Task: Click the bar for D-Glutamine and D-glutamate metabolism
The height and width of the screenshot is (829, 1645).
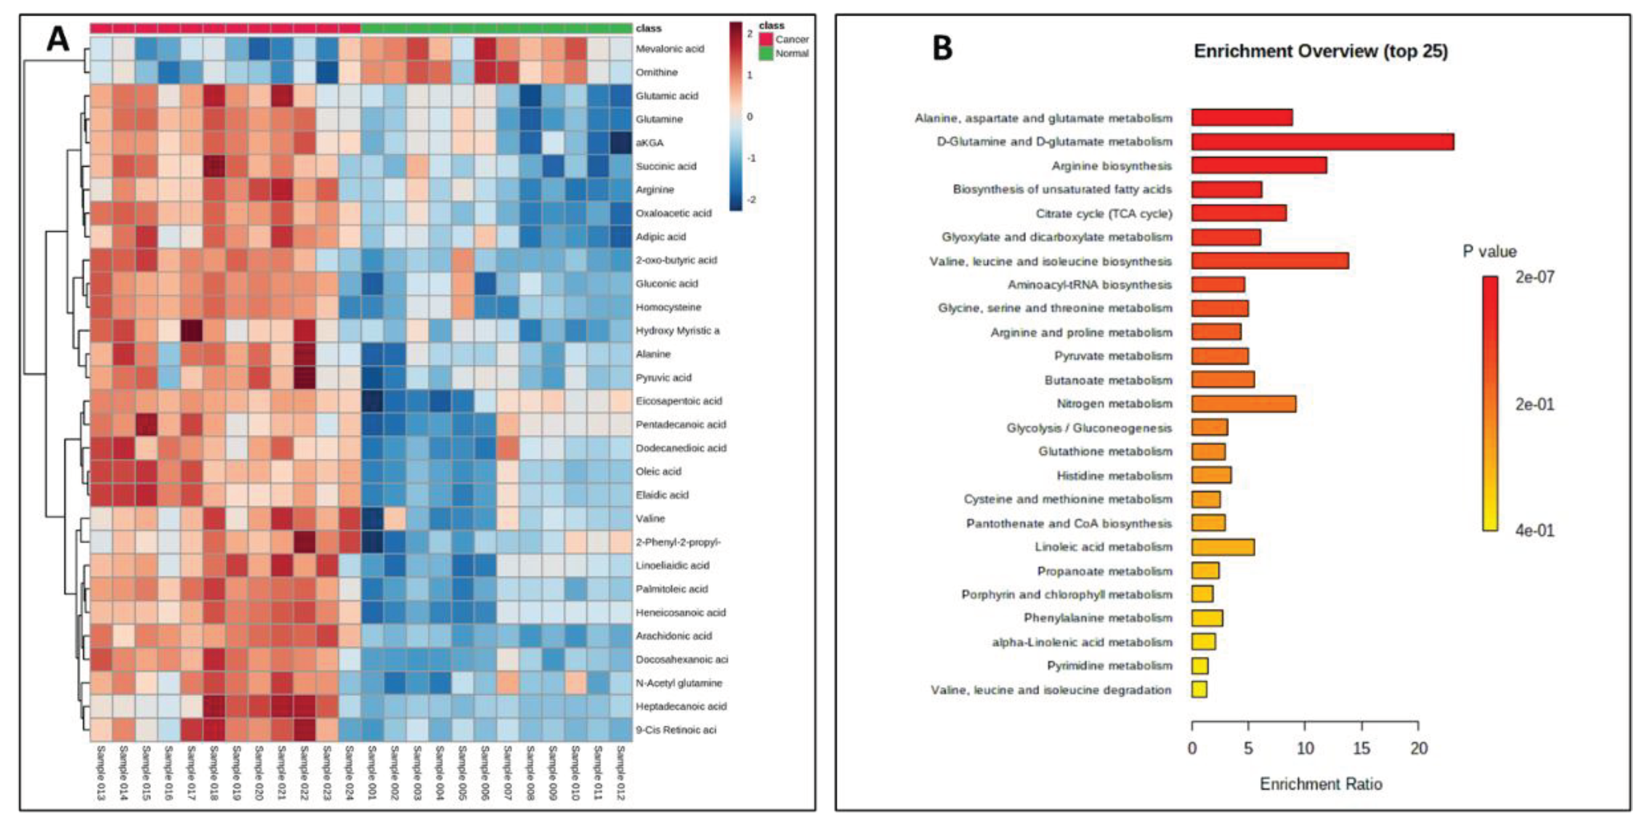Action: coord(1322,142)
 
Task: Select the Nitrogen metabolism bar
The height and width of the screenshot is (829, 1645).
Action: coord(1243,403)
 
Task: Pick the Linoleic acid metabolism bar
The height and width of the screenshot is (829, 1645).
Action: coord(1222,547)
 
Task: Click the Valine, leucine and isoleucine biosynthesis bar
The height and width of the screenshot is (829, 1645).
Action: coord(1270,261)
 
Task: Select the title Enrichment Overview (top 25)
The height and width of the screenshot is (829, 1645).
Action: coord(1320,51)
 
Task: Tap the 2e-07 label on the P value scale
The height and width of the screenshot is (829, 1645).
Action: coord(1535,277)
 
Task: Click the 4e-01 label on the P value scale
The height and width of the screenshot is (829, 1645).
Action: coord(1535,531)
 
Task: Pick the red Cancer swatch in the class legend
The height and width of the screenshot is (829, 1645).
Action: coord(766,40)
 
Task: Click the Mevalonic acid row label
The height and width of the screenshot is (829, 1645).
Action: coord(669,48)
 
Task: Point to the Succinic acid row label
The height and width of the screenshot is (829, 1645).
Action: coord(665,166)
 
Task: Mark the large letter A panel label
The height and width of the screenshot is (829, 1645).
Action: coord(58,40)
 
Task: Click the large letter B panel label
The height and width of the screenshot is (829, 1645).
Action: coord(943,48)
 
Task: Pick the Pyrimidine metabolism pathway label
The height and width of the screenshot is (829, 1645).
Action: coord(1109,666)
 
